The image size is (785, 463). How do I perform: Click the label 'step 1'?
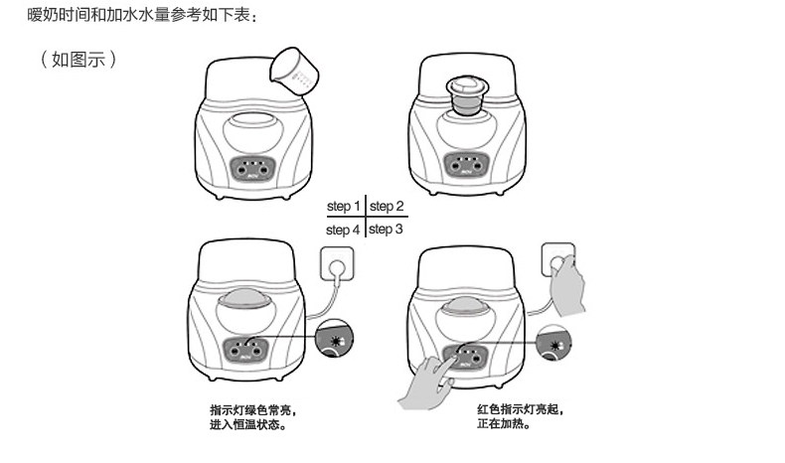point(344,207)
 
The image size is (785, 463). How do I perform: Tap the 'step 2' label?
point(387,207)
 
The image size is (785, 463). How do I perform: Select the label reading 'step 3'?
point(386,230)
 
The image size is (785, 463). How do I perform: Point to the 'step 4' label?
point(343,231)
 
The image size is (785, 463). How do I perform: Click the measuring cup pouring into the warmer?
point(295,73)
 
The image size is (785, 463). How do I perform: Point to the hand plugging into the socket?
point(566,285)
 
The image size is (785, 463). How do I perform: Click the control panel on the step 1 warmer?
point(252,168)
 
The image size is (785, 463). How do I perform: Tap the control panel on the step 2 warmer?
point(466,165)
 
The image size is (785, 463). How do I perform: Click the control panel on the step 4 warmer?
point(244,350)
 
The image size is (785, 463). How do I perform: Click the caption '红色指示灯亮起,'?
point(521,409)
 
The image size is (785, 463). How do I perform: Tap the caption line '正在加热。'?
point(504,424)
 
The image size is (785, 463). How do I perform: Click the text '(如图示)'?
point(78,59)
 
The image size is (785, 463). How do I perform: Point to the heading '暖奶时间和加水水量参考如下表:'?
point(142,15)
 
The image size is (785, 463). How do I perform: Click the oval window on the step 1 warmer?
point(253,131)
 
